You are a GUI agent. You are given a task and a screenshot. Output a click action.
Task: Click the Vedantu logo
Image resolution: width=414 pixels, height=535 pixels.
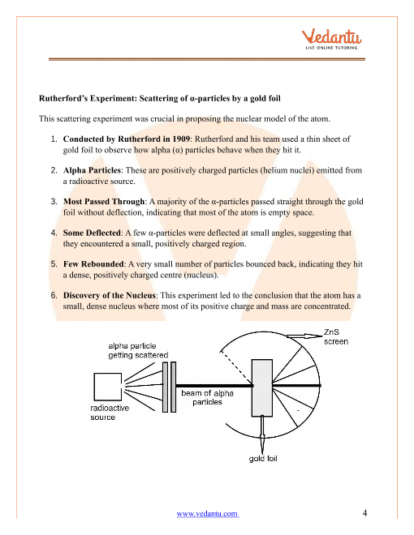(x=331, y=40)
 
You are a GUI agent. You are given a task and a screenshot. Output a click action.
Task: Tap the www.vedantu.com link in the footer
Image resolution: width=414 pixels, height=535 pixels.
(x=208, y=513)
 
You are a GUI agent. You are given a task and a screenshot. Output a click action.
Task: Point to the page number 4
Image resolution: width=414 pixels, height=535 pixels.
(x=364, y=513)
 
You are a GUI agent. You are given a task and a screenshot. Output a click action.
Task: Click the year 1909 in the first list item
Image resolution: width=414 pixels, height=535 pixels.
(x=181, y=139)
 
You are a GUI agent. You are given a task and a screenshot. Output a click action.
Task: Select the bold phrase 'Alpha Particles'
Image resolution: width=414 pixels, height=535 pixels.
(x=92, y=170)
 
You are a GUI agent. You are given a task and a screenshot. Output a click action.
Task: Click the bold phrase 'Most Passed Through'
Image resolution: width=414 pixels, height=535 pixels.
(x=104, y=202)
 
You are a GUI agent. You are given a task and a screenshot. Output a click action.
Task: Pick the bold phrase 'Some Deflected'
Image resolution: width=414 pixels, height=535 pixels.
(x=92, y=233)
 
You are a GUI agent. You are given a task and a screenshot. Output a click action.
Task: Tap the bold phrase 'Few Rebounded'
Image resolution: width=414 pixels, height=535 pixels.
(x=93, y=264)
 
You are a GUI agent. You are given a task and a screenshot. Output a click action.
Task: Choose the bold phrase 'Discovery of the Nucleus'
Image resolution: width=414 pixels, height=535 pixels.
(x=110, y=296)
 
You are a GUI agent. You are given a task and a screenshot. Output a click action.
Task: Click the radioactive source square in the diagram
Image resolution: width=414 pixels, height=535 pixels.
(x=108, y=387)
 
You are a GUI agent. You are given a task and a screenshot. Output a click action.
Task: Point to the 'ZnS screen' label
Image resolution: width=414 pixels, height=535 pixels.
(x=336, y=336)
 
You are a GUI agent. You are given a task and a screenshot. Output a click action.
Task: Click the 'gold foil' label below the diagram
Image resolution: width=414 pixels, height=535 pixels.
(x=263, y=459)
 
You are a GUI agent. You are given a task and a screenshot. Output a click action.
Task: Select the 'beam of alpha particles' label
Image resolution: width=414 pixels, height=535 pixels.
(x=207, y=397)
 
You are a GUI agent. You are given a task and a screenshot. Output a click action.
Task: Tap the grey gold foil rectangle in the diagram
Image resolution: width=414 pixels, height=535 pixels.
(x=262, y=388)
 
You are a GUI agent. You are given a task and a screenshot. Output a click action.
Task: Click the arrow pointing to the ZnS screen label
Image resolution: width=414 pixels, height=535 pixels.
(x=304, y=336)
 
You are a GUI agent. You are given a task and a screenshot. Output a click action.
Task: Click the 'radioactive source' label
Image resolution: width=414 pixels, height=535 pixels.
(x=110, y=413)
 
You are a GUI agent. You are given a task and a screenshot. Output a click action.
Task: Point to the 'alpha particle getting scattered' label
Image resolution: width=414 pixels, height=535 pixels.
(x=138, y=350)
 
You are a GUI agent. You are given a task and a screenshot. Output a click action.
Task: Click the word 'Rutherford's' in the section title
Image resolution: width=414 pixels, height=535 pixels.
(x=63, y=99)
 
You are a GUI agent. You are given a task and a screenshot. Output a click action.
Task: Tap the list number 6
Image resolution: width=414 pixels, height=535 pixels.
(x=54, y=296)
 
